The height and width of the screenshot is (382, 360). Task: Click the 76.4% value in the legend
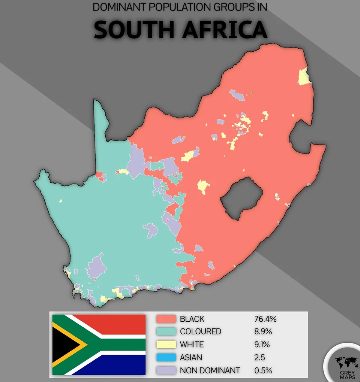click(265, 319)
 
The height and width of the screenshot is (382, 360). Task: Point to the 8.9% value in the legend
click(263, 332)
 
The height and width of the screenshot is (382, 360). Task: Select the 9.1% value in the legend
click(262, 345)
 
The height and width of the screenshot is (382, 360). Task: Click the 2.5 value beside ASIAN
click(259, 358)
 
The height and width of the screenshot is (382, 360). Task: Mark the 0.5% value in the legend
click(263, 370)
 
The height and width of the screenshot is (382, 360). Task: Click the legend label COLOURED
click(200, 332)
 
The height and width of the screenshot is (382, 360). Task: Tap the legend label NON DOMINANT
click(210, 370)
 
